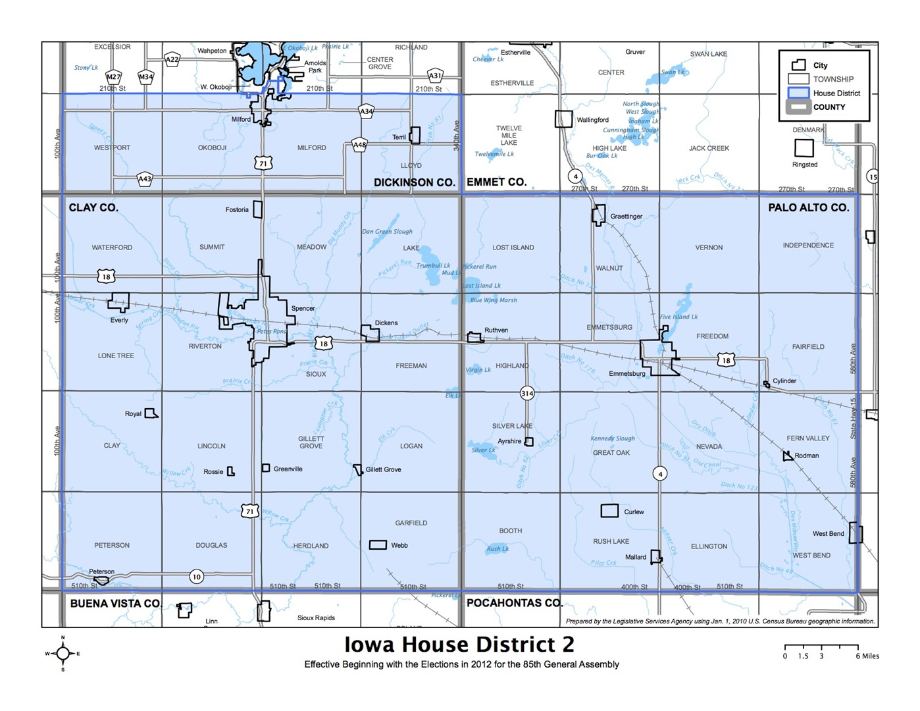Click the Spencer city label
(x=303, y=308)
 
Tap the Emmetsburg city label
(x=626, y=373)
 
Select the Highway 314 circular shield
(x=527, y=393)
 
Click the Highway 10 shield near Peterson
(x=196, y=577)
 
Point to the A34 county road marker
(x=367, y=111)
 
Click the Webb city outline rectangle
(x=378, y=544)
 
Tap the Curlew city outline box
(x=609, y=511)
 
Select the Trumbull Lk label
(x=433, y=265)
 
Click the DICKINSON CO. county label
(x=414, y=182)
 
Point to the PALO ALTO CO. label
(x=808, y=207)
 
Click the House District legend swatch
(x=798, y=93)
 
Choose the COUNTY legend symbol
(x=798, y=107)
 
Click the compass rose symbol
(x=63, y=653)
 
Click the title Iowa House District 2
(x=459, y=644)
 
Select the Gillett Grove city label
(x=383, y=469)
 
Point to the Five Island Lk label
(x=678, y=317)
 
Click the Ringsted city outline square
(x=804, y=148)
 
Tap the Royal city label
(x=133, y=413)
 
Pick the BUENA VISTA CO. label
(x=115, y=603)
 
